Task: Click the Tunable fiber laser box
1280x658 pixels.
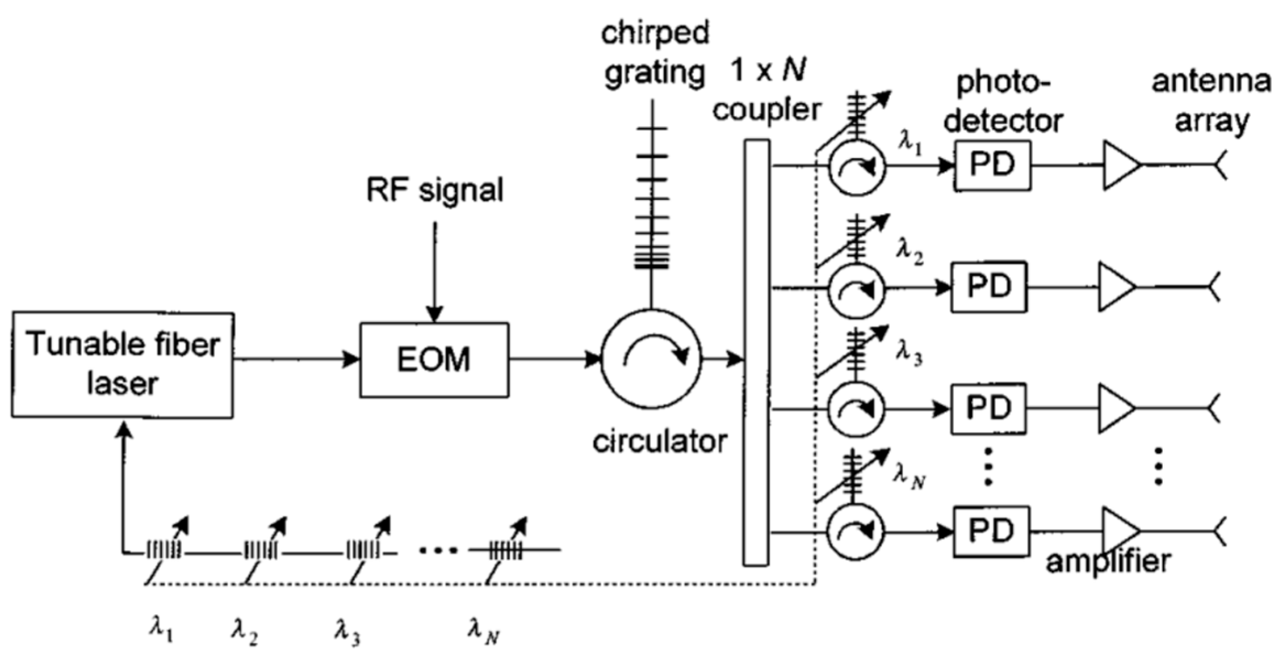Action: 122,365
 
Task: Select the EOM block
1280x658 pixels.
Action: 434,360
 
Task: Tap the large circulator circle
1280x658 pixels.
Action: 651,359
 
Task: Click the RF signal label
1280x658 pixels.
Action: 435,191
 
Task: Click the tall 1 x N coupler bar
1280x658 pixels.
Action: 756,352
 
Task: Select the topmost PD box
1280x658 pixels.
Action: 992,165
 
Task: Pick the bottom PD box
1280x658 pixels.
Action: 991,531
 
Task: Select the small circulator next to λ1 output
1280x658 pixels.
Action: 856,167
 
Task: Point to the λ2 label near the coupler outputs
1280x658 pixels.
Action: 909,252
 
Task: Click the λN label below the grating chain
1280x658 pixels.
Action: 483,630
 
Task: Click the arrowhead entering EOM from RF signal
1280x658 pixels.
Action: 435,314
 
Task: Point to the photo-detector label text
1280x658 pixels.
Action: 1003,102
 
